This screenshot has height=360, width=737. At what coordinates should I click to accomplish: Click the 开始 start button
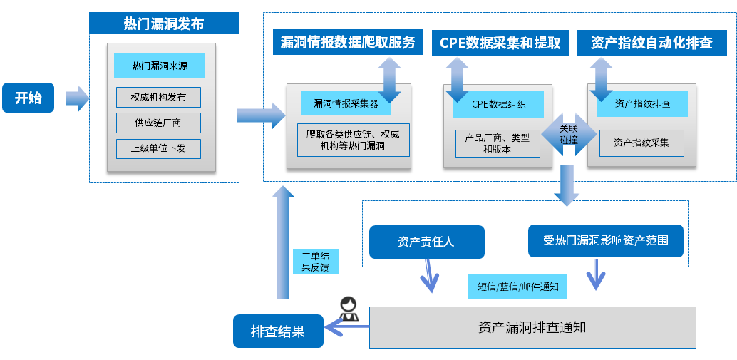coord(29,98)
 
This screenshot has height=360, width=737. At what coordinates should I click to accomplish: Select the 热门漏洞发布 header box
coord(163,24)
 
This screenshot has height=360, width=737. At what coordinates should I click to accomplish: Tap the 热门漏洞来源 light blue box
coord(159,66)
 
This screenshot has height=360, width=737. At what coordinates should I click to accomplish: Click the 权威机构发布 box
coord(159,97)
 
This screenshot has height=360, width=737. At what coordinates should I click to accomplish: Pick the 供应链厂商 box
coord(159,123)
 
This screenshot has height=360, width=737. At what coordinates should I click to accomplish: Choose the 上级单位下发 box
coord(159,149)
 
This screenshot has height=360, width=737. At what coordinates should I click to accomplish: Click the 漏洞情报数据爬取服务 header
coord(349,43)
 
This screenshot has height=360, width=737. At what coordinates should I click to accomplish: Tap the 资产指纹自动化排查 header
coord(651,43)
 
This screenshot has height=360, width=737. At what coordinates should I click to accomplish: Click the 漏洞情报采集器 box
coord(346,103)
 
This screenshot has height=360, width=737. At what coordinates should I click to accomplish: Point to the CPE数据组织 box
coord(498,104)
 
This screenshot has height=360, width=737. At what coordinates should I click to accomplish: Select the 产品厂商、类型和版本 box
coord(498,143)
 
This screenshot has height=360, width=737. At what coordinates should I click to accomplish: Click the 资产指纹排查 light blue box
coord(642,103)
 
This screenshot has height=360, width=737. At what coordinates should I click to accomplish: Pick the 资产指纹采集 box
coord(641,143)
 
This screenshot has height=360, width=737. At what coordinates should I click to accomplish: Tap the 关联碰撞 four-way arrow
coord(568,134)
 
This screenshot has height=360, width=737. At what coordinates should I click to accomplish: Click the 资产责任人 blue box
coord(426,242)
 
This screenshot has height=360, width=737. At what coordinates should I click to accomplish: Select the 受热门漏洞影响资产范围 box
coord(606,241)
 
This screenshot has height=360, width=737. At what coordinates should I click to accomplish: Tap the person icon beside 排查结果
coord(348,309)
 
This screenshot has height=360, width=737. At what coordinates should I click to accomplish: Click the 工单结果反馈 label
coord(315,262)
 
